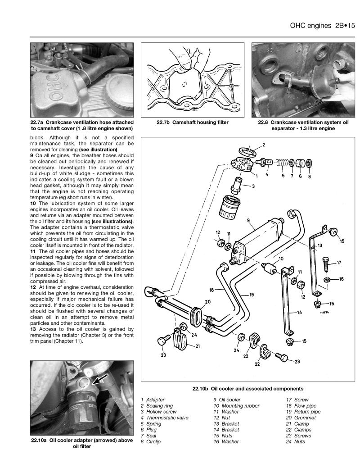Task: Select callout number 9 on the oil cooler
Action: pyautogui.click(x=248, y=221)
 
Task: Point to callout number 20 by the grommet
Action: pyautogui.click(x=207, y=302)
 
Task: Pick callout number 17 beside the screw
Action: pyautogui.click(x=338, y=262)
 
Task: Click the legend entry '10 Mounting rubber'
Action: pyautogui.click(x=236, y=405)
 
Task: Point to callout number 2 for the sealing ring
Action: pyautogui.click(x=263, y=145)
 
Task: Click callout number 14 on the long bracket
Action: pyautogui.click(x=299, y=312)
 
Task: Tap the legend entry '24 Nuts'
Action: pyautogui.click(x=298, y=441)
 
